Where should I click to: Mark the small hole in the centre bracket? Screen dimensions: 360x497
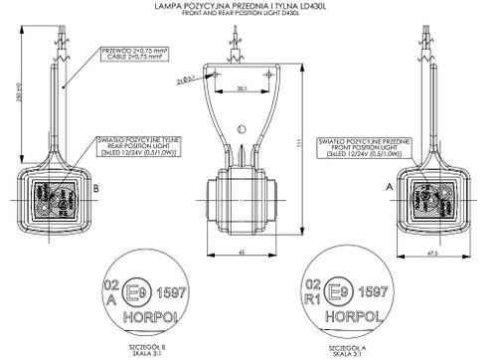[242, 128]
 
